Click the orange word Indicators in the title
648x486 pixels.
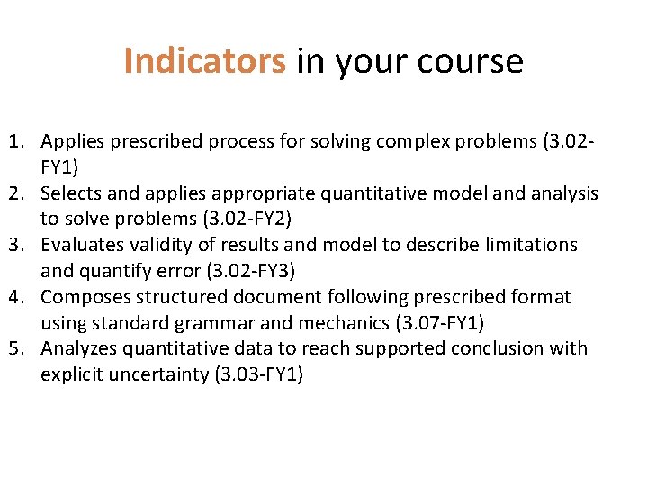pyautogui.click(x=204, y=61)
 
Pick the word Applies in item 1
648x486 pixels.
pyautogui.click(x=73, y=141)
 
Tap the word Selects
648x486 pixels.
pyautogui.click(x=73, y=193)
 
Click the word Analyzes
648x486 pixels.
pyautogui.click(x=79, y=348)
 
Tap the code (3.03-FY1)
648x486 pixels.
pyautogui.click(x=256, y=374)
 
